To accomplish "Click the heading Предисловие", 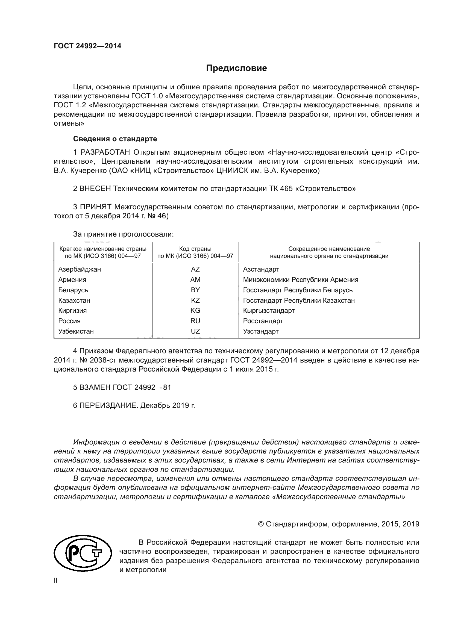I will point(236,68).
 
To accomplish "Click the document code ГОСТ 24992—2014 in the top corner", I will point(87,46).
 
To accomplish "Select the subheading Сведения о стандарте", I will point(115,139).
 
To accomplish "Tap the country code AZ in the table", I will point(195,269).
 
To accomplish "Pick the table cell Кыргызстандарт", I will point(269,310).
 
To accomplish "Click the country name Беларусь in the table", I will point(73,290).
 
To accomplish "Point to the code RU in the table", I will point(195,321).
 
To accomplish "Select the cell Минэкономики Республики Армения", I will point(300,279).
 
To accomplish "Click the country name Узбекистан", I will point(76,331).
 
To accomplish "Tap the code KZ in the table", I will point(195,300).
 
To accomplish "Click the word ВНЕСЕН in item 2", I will point(95,189).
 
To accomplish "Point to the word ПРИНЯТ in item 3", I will point(96,207).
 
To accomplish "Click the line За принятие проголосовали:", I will point(123,234).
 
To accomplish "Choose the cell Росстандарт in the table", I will point(263,321).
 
